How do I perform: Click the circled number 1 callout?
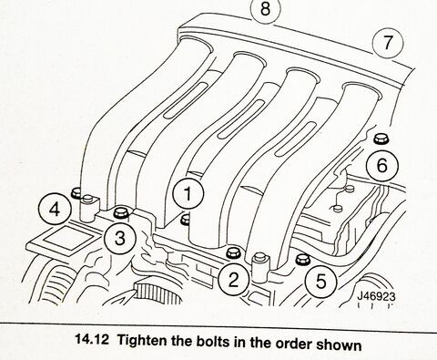[188, 194]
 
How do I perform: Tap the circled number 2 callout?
[234, 280]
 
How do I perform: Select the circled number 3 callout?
[120, 238]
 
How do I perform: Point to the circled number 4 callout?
[55, 210]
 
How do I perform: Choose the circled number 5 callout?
[321, 281]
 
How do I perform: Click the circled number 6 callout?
[382, 166]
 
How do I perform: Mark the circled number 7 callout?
[388, 42]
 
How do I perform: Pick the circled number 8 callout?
[265, 9]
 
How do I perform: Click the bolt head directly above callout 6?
[379, 139]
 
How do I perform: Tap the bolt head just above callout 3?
[121, 212]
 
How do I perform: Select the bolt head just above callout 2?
[234, 253]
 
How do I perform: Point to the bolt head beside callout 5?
[302, 259]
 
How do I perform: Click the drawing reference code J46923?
[376, 296]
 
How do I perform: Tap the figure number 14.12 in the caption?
[92, 339]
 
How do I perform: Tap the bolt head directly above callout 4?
[76, 192]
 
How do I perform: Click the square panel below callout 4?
[68, 237]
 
